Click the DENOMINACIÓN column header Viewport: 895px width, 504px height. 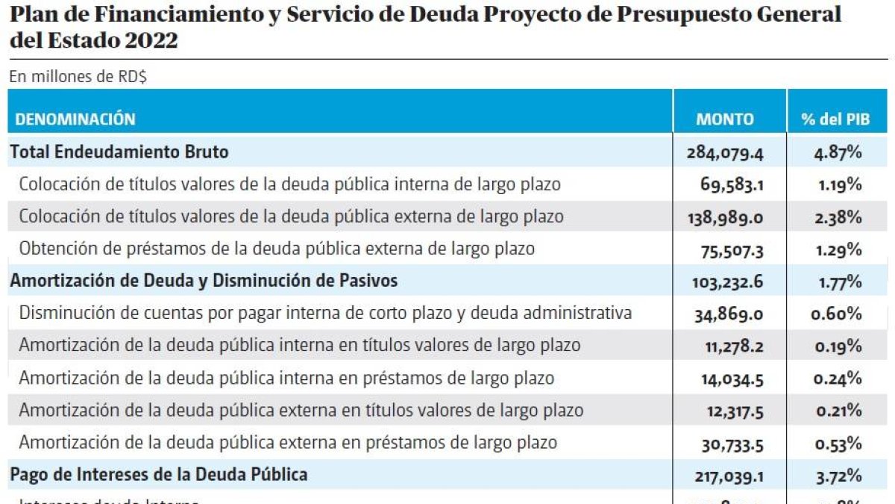(x=75, y=119)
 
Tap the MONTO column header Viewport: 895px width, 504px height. (x=724, y=119)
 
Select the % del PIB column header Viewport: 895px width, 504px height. (x=835, y=119)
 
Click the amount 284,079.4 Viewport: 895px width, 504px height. (x=724, y=153)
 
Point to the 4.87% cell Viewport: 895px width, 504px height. (x=838, y=153)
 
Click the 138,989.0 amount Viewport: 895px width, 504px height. (x=724, y=217)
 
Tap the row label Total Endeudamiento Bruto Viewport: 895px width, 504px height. (x=119, y=152)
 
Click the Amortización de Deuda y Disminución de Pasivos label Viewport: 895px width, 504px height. (x=204, y=281)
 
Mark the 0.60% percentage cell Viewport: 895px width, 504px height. (x=837, y=314)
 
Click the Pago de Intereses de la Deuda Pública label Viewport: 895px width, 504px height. (x=159, y=475)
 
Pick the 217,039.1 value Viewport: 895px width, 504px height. (x=725, y=476)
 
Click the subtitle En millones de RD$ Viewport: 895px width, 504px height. (x=77, y=77)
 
